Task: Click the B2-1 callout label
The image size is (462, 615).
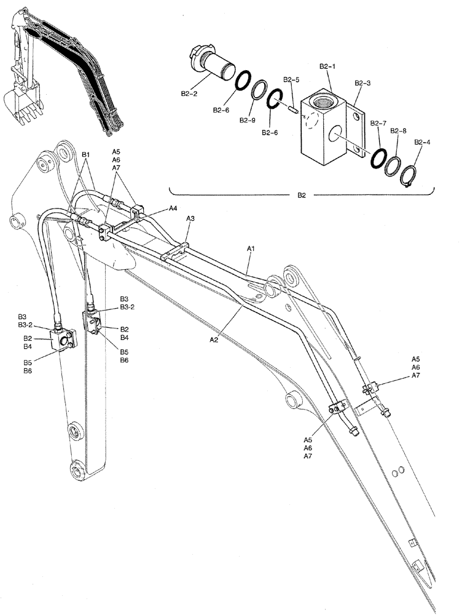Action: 326,65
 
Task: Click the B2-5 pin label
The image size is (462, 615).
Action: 291,80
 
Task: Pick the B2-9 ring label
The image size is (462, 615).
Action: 248,120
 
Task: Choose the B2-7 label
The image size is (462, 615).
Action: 378,123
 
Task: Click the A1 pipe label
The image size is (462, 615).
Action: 251,248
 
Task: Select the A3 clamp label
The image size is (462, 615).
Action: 190,218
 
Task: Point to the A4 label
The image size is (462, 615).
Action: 174,208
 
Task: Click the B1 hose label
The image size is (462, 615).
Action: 86,154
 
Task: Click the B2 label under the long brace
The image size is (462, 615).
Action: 302,196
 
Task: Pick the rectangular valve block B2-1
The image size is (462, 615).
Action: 324,126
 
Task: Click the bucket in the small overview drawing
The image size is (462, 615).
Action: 18,102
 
